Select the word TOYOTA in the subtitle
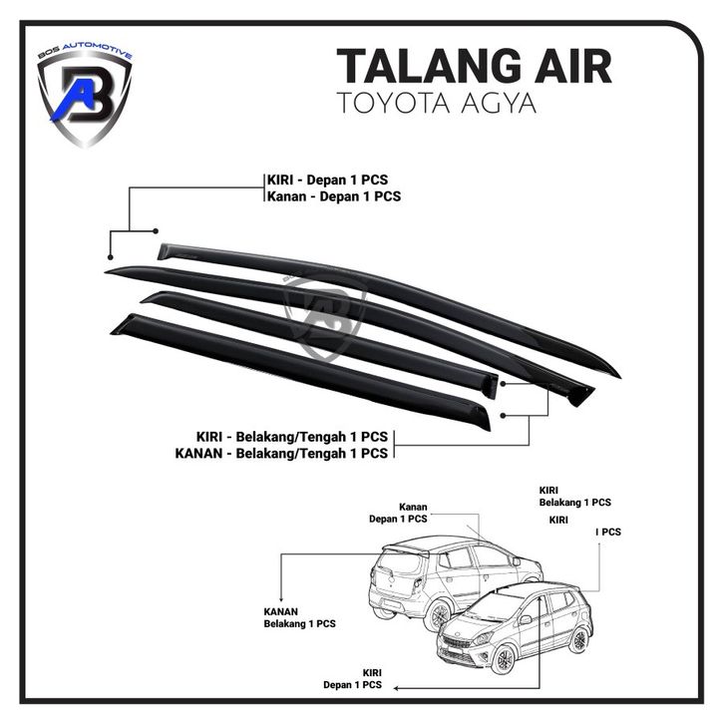click(x=395, y=103)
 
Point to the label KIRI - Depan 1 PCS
click(x=326, y=180)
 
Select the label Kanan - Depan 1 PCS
click(x=333, y=196)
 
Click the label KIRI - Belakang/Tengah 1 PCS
click(x=291, y=436)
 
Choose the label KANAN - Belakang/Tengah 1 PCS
click(x=280, y=454)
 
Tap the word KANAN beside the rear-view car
click(x=282, y=610)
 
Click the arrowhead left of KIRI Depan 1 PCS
click(x=397, y=687)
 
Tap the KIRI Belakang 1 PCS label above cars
click(x=574, y=497)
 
